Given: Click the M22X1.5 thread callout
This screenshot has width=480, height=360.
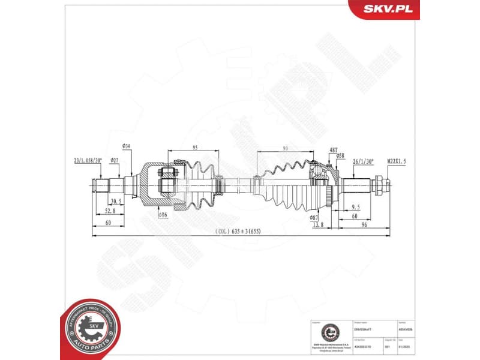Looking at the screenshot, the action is pyautogui.click(x=397, y=161).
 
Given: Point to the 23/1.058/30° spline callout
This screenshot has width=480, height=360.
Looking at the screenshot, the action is pyautogui.click(x=88, y=161).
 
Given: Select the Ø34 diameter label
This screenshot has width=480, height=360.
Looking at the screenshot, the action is pyautogui.click(x=127, y=146).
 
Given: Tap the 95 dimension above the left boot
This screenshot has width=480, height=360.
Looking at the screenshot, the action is pyautogui.click(x=195, y=148).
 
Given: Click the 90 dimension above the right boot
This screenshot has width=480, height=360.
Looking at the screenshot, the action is pyautogui.click(x=285, y=148).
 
